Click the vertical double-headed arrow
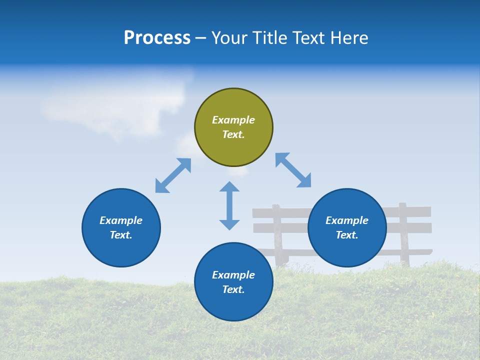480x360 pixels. (x=229, y=205)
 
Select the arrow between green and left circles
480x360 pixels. (x=173, y=175)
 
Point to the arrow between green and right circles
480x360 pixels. (x=293, y=170)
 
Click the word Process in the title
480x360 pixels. (x=157, y=37)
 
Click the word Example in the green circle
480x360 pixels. (x=233, y=120)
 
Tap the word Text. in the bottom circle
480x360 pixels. (x=233, y=289)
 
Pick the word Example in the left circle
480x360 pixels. (x=121, y=220)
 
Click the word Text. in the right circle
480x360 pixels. (x=347, y=235)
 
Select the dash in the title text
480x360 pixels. (x=201, y=38)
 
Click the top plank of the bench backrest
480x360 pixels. (x=290, y=213)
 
